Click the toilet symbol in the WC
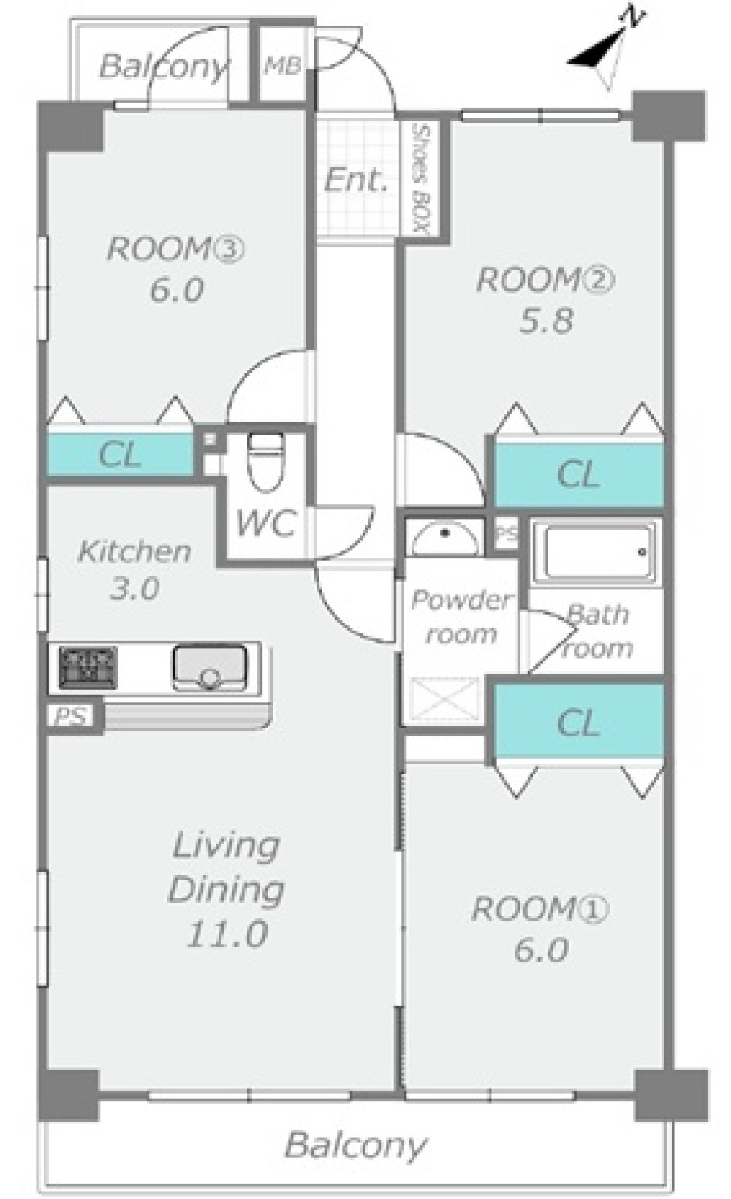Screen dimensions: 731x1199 [266, 461]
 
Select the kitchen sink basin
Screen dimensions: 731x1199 [209, 668]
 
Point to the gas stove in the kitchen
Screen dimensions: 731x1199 [88, 667]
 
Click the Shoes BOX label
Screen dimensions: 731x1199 [422, 179]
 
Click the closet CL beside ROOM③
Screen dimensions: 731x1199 [121, 454]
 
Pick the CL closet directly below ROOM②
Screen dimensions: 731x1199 [578, 474]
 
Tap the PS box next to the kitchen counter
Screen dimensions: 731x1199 [71, 716]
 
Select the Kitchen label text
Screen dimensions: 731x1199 [135, 552]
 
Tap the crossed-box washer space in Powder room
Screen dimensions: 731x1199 [444, 699]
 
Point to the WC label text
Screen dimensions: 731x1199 [266, 523]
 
